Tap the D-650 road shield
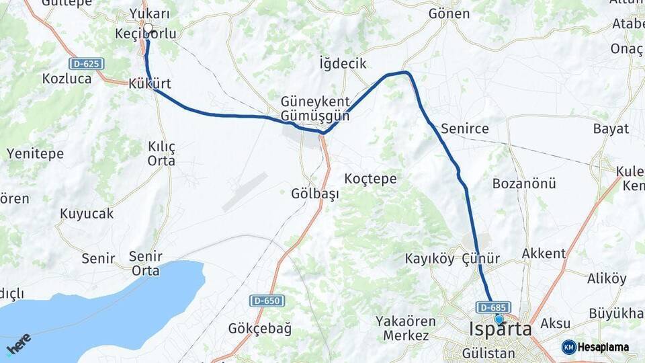click(267, 300)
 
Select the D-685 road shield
click(493, 307)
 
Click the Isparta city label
click(500, 330)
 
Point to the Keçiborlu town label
click(145, 34)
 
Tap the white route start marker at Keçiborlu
click(148, 29)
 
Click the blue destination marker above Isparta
click(499, 319)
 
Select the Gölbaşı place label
click(314, 193)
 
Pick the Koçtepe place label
click(370, 179)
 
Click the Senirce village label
click(465, 128)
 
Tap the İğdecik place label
click(343, 64)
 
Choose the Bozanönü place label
click(515, 184)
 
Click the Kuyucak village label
click(87, 214)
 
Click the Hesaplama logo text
click(603, 347)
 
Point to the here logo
click(18, 344)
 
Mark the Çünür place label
click(481, 259)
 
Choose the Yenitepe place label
click(35, 153)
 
